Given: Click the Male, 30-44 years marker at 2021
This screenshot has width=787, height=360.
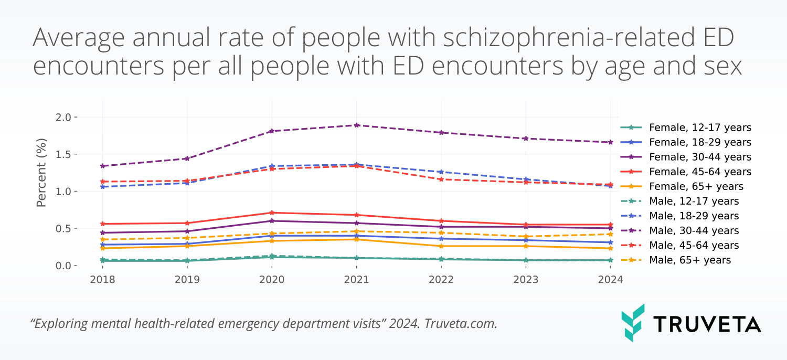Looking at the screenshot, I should [x=356, y=125].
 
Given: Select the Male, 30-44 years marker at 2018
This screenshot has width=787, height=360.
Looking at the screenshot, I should [x=102, y=166].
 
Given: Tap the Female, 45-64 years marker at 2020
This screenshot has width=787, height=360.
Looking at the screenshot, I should [x=272, y=213].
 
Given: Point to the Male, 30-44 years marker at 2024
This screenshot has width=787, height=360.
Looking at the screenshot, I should [x=610, y=142].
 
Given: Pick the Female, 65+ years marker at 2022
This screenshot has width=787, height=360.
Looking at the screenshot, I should [x=441, y=246].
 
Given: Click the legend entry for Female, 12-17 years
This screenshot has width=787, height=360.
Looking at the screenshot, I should [x=700, y=128].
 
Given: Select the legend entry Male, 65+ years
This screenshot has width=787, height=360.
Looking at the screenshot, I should [x=689, y=260].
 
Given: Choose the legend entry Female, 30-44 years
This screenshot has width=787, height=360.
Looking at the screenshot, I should [x=700, y=157].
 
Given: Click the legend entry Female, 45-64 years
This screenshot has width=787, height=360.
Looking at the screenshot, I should [x=700, y=172].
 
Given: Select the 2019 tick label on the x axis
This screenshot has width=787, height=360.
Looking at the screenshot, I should [x=187, y=280].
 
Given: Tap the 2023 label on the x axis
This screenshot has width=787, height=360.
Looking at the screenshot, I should [x=526, y=280].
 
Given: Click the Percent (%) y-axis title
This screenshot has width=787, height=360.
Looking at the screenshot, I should [x=42, y=172].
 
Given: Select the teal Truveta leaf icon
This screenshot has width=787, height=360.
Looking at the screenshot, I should [x=633, y=322].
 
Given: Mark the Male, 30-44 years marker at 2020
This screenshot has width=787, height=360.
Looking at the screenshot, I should [x=272, y=131].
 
